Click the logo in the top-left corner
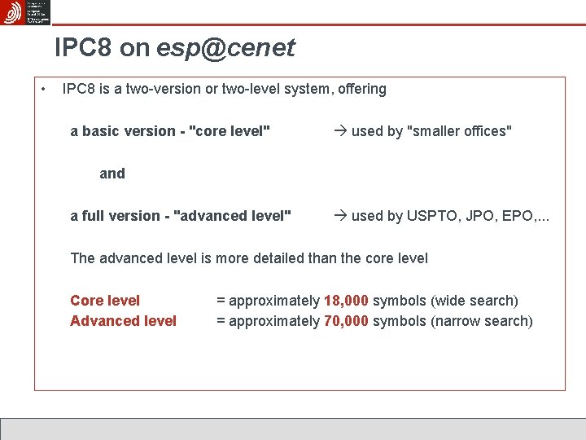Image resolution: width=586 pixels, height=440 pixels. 26,12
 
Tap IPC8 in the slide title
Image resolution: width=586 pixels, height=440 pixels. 84,49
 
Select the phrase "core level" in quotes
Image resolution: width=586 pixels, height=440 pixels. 230,131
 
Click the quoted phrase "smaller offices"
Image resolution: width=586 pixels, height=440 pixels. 459,131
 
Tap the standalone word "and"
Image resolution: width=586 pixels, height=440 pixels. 112,174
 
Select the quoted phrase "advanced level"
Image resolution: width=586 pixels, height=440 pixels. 233,216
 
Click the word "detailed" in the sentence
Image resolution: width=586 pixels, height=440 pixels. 274,258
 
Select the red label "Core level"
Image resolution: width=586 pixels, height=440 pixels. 105,301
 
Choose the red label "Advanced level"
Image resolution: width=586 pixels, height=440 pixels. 123,321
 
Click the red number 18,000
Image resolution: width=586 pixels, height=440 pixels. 346,301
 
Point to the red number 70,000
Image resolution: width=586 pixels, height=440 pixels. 346,321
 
